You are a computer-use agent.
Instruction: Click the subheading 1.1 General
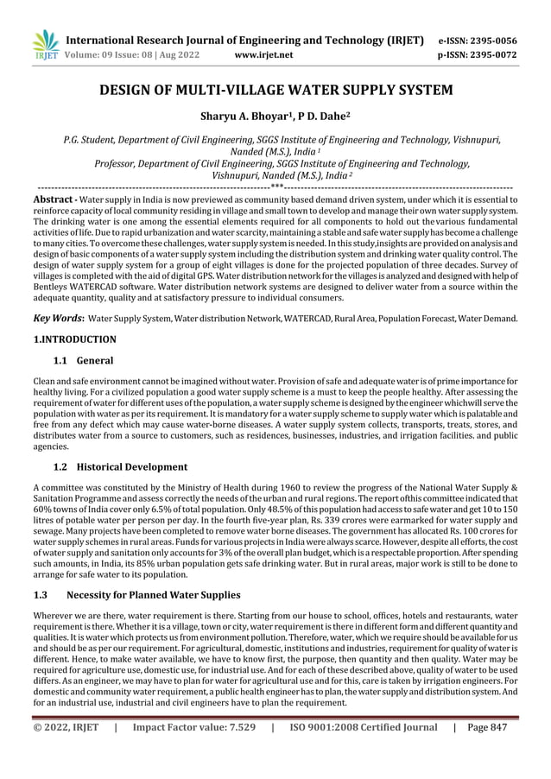83,360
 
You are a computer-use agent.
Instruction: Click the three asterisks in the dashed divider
275,186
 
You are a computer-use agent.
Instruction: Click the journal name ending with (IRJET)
244,40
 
